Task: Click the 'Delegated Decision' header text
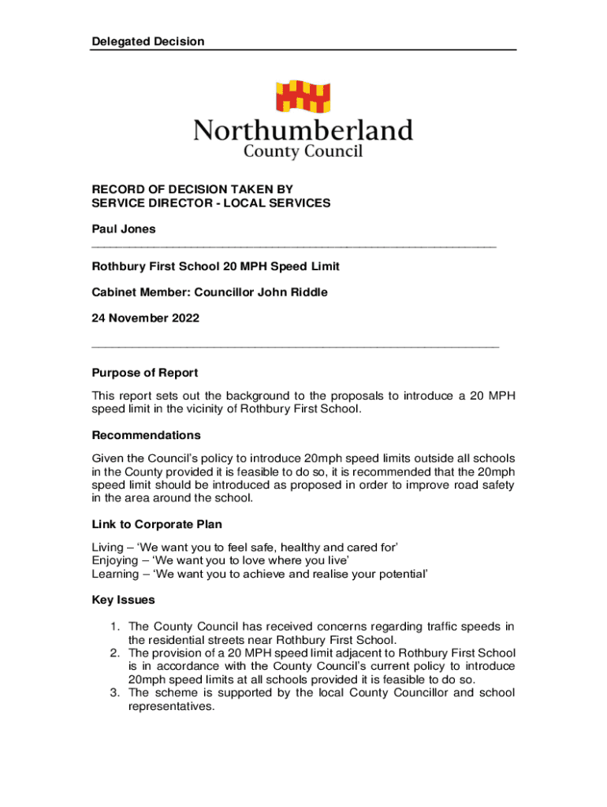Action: click(147, 41)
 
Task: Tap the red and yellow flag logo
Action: click(303, 97)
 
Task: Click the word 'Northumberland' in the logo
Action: click(303, 129)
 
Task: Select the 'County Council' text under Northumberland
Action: click(303, 151)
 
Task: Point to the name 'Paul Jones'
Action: click(124, 229)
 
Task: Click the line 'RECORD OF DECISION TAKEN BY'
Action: click(192, 189)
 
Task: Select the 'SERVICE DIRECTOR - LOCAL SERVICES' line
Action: click(211, 203)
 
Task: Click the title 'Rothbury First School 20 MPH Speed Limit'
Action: click(216, 267)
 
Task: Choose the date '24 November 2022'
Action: click(146, 318)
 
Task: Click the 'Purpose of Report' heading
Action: click(145, 373)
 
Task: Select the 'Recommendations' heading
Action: click(147, 435)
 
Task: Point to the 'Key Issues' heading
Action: click(123, 601)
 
